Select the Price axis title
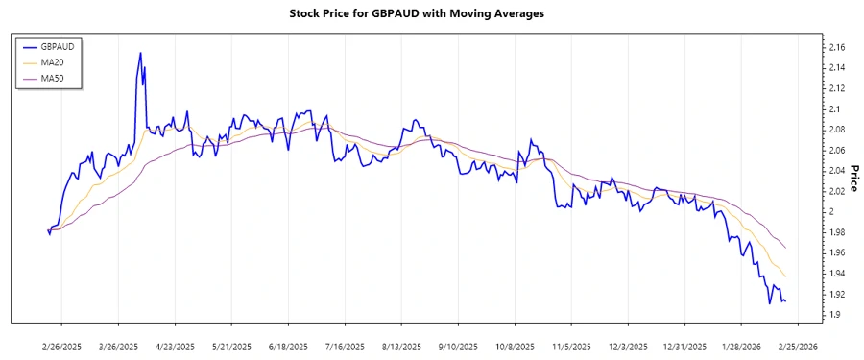click(852, 171)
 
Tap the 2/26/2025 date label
click(62, 345)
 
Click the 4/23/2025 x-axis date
click(176, 345)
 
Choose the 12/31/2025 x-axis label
click(685, 345)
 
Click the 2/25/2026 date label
click(799, 345)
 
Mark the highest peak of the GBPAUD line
click(140, 53)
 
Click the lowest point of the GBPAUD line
click(769, 304)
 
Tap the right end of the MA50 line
click(786, 249)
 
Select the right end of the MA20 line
click(786, 276)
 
